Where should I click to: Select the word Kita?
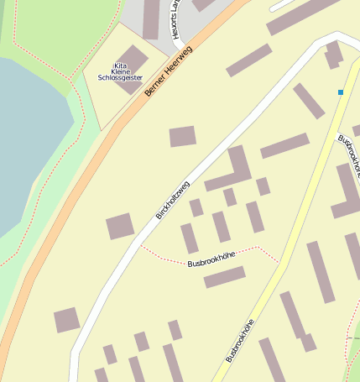click(120, 66)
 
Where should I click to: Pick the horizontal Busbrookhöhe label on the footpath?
click(211, 259)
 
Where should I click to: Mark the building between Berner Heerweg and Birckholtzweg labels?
click(182, 136)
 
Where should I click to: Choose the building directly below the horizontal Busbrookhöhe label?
click(224, 276)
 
